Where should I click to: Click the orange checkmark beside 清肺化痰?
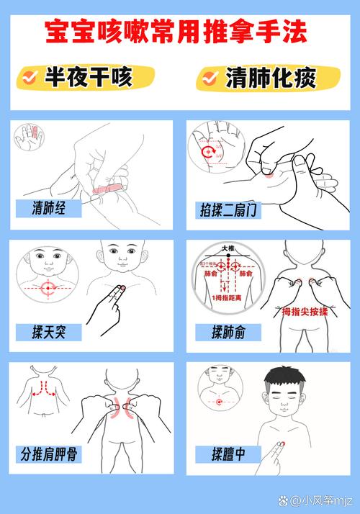[210, 77]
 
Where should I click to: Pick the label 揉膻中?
[226, 454]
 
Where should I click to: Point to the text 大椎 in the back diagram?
[228, 249]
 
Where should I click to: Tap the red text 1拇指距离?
[228, 297]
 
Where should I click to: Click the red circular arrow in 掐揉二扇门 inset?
[207, 152]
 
